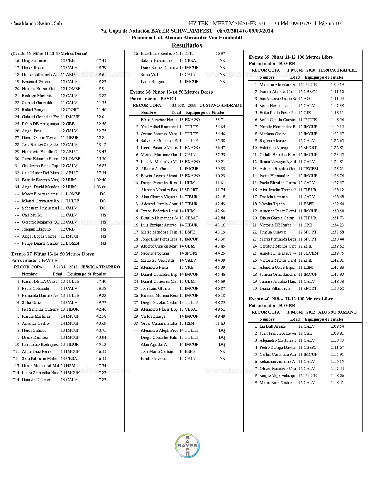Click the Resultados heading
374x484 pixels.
[187, 45]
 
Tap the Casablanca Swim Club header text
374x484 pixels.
[36, 23]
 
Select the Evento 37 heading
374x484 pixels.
[53, 254]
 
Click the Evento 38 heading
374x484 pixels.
[172, 92]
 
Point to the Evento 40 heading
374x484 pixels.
[291, 299]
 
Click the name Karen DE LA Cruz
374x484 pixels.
[40, 281]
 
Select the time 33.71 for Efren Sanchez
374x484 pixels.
[220, 120]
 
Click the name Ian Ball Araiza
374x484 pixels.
[273, 326]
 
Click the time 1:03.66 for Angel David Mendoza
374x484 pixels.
[100, 187]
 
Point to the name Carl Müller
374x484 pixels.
[32, 215]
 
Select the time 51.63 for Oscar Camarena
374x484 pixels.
[220, 323]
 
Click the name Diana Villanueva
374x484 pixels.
[275, 288]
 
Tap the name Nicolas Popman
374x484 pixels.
[155, 253]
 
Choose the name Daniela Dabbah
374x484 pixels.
[36, 380]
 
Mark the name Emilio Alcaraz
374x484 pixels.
[154, 358]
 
